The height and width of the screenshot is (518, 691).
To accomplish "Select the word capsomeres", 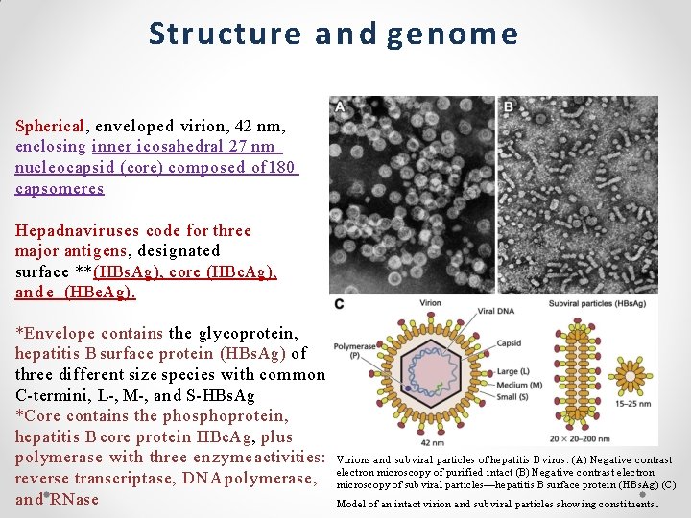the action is [60, 188].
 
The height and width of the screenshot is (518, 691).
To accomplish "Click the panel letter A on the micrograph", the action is [340, 106].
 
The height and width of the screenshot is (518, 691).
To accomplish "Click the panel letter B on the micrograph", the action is [508, 106].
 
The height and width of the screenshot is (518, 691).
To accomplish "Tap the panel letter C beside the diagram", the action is [339, 305].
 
